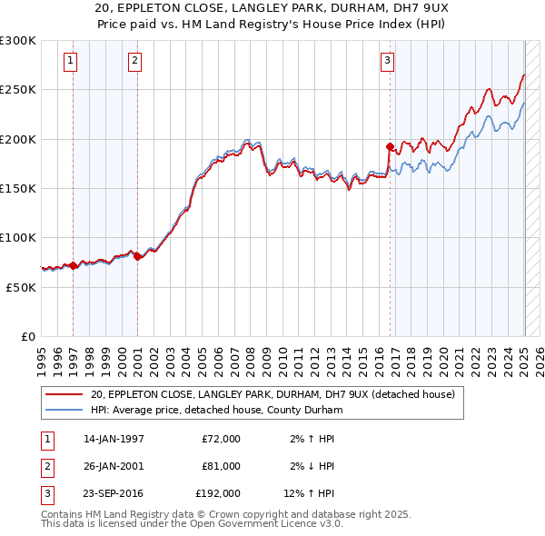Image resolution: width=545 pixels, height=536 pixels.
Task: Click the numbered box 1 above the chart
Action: (x=71, y=61)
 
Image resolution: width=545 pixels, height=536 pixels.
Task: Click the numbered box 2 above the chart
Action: (x=134, y=61)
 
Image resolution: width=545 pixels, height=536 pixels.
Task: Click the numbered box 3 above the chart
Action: (x=387, y=61)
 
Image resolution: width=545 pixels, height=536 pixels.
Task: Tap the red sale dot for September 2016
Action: (x=389, y=145)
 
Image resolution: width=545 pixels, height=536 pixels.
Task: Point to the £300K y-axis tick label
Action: (x=18, y=41)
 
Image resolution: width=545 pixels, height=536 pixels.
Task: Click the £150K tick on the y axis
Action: (x=18, y=188)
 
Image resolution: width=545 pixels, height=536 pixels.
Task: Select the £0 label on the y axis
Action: (x=27, y=336)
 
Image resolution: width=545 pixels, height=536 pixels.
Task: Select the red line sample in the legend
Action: (x=65, y=394)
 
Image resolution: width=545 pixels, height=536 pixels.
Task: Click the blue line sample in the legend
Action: (x=65, y=410)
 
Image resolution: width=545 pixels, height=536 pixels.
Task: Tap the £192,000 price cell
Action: (x=218, y=493)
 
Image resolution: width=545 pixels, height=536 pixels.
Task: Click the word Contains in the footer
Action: (x=64, y=514)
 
